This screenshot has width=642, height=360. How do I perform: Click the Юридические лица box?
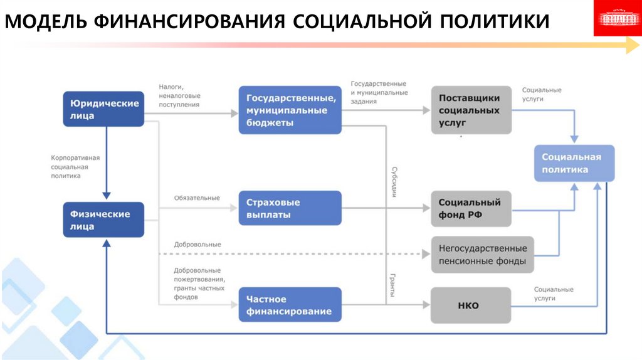(x=103, y=109)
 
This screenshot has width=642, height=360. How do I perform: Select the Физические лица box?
(x=103, y=220)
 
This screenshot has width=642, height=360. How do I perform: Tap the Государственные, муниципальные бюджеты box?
(x=290, y=110)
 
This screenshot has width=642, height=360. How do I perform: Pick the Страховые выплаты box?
(x=290, y=208)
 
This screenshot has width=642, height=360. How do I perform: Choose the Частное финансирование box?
(x=290, y=305)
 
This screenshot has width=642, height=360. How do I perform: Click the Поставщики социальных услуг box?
(x=470, y=110)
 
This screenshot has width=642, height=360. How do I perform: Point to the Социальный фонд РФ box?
(x=470, y=208)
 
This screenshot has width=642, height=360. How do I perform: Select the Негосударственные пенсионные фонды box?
(x=483, y=255)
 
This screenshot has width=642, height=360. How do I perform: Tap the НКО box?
(x=470, y=305)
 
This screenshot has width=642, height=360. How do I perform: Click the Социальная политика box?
(x=574, y=163)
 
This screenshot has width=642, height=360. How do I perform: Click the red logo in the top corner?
(x=617, y=18)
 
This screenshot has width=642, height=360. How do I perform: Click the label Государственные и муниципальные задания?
(x=378, y=92)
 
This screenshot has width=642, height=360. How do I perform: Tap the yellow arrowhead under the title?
(x=632, y=45)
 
